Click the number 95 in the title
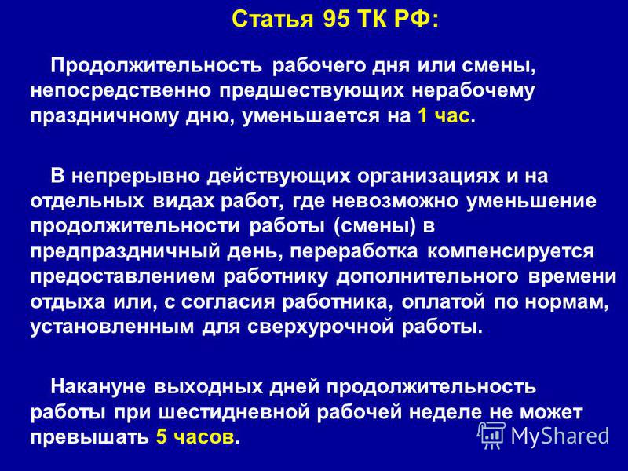(337, 19)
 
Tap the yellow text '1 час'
(444, 115)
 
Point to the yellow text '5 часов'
(195, 436)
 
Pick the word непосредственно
(121, 91)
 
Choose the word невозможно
(395, 201)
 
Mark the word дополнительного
(428, 277)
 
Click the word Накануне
(98, 387)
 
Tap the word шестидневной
(234, 414)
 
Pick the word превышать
(89, 438)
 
